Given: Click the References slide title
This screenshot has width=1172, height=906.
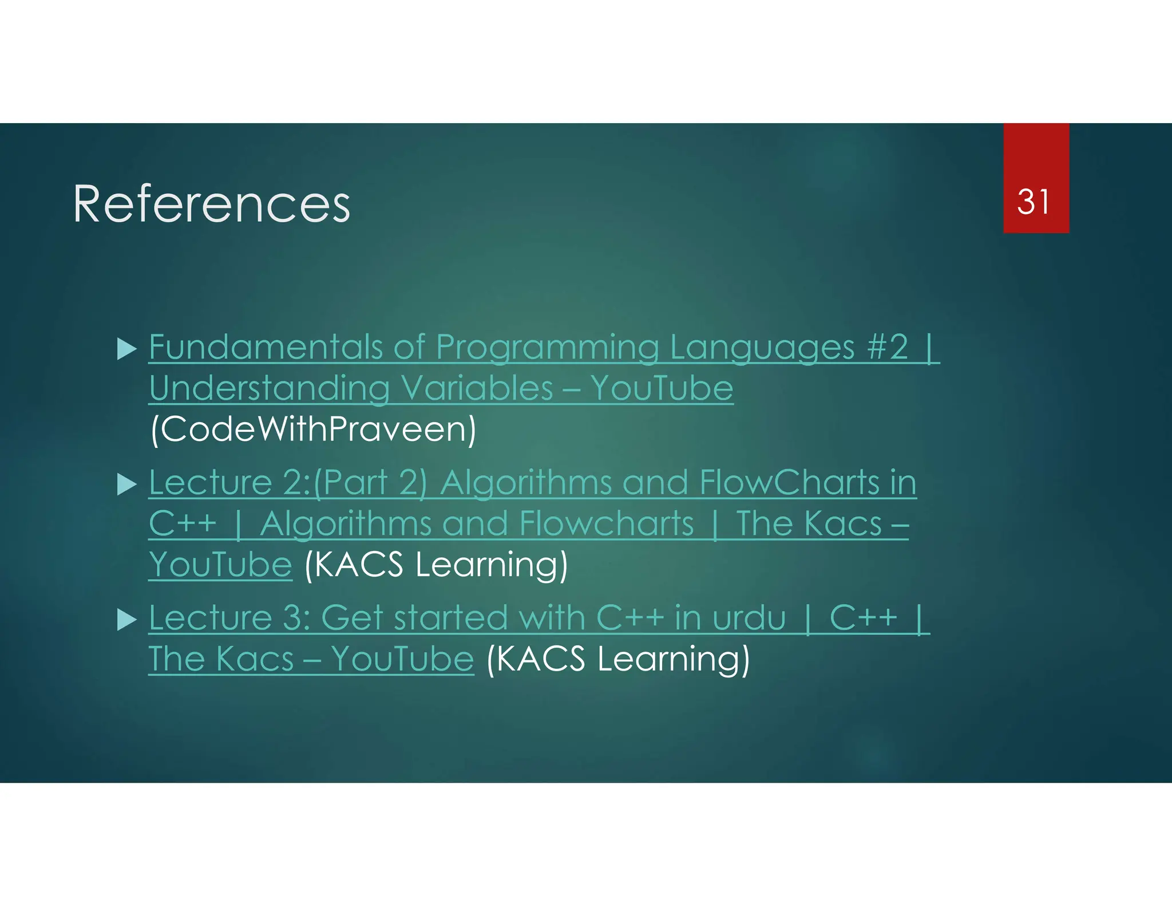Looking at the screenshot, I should [x=211, y=204].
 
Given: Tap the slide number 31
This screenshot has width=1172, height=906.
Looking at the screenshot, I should [x=1034, y=202].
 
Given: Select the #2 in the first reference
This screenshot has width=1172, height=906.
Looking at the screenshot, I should [x=888, y=347].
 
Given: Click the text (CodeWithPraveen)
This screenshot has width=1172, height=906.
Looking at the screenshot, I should [x=312, y=430].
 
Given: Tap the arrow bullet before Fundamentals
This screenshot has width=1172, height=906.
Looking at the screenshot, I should [x=126, y=349].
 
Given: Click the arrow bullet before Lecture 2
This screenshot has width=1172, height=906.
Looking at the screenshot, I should [x=126, y=484].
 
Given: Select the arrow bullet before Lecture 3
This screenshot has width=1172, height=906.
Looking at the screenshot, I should [x=126, y=620].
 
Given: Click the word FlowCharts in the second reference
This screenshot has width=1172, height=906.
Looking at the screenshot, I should [x=789, y=482].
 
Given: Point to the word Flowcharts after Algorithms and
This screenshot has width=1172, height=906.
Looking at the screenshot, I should [x=607, y=523].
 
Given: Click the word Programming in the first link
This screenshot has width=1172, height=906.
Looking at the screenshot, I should [x=547, y=347].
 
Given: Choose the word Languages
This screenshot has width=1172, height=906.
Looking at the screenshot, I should [x=762, y=347].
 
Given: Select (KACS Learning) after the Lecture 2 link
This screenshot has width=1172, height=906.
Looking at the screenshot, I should [x=436, y=565].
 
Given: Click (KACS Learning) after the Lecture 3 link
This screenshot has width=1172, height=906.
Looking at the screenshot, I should [x=617, y=659].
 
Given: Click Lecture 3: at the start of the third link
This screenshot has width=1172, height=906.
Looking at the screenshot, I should [x=229, y=618].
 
